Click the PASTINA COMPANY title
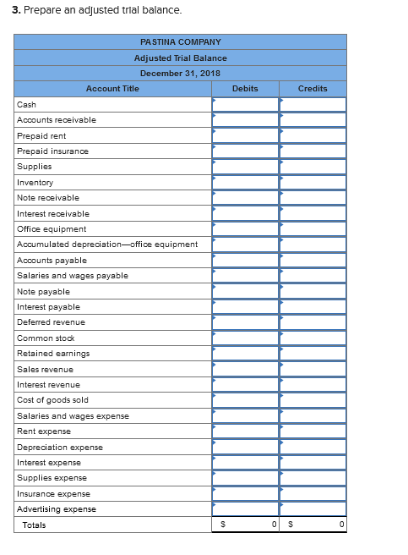pyautogui.click(x=180, y=41)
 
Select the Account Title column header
pyautogui.click(x=112, y=89)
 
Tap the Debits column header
pyautogui.click(x=245, y=89)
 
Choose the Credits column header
pyautogui.click(x=313, y=89)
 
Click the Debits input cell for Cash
pyautogui.click(x=245, y=104)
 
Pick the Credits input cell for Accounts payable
pyautogui.click(x=313, y=260)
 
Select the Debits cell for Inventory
pyautogui.click(x=245, y=182)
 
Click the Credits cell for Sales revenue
pyautogui.click(x=313, y=369)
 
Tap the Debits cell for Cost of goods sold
pyautogui.click(x=245, y=400)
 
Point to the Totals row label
pyautogui.click(x=35, y=525)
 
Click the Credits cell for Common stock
pyautogui.click(x=313, y=338)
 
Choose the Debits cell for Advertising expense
pyautogui.click(x=245, y=509)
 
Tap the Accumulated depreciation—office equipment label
pyautogui.click(x=107, y=245)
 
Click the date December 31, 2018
pyautogui.click(x=180, y=74)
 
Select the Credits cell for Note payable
pyautogui.click(x=313, y=291)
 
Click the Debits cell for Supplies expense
pyautogui.click(x=245, y=478)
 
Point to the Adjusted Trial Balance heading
pyautogui.click(x=180, y=58)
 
